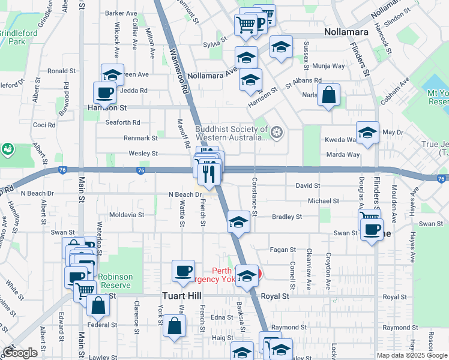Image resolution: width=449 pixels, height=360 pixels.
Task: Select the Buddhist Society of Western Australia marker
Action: point(277,132)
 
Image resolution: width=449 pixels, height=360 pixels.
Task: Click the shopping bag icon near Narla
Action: point(328,95)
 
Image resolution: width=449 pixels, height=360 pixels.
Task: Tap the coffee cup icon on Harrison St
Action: point(104,93)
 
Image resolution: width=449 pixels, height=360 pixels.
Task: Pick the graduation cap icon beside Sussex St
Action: point(280,47)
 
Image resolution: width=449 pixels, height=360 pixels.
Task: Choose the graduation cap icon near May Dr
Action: point(367,133)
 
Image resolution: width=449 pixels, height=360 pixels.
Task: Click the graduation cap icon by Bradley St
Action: point(238,223)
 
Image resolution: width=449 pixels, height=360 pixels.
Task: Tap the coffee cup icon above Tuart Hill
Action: point(183,271)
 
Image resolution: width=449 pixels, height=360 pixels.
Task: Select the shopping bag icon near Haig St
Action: point(173,327)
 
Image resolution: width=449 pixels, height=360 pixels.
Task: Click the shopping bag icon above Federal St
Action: point(98,304)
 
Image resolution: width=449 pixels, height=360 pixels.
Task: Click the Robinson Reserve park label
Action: point(116,281)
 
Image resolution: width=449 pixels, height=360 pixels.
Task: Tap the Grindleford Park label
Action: point(12,37)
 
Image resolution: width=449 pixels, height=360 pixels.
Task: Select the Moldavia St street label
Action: point(126,214)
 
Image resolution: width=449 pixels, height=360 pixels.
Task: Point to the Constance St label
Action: point(255,197)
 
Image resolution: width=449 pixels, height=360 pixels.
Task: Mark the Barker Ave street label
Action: point(121,13)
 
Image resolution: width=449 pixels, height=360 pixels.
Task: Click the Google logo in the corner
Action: point(20,353)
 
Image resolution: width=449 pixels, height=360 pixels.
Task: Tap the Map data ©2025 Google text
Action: point(412,355)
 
